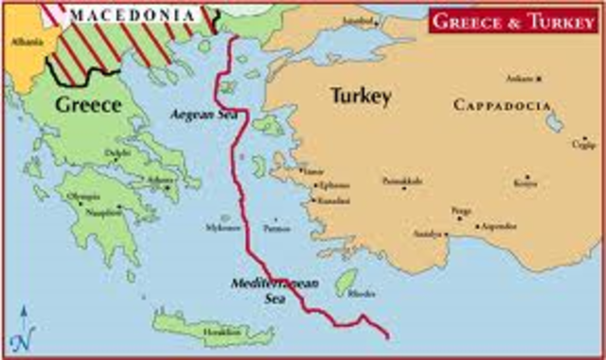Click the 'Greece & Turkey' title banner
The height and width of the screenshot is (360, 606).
click(512, 20)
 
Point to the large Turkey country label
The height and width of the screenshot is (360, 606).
click(356, 95)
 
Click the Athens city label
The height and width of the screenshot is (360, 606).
click(162, 179)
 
